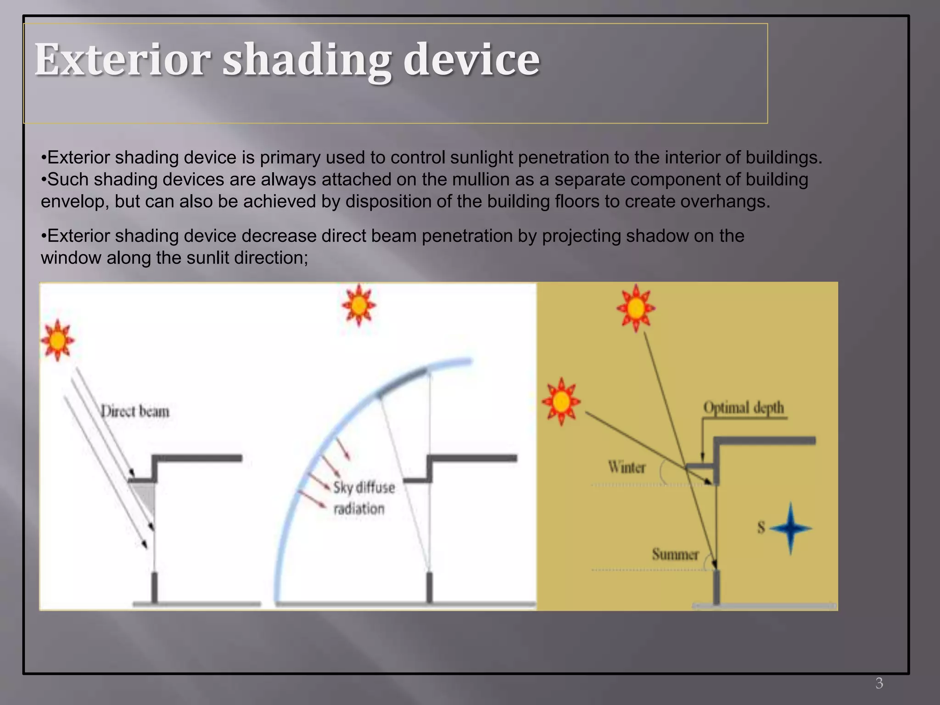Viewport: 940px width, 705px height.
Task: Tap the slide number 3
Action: [x=879, y=683]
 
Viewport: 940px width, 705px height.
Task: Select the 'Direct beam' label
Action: [x=135, y=411]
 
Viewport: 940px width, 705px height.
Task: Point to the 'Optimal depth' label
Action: [x=744, y=408]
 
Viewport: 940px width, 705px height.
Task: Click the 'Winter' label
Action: [x=627, y=467]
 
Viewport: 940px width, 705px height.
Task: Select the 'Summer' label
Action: [x=675, y=554]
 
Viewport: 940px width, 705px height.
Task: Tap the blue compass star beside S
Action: [x=790, y=528]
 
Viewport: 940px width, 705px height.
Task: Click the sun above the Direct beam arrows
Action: [x=57, y=341]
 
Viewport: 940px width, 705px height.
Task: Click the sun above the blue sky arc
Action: [x=359, y=305]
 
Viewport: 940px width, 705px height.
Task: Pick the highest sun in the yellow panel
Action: [x=636, y=308]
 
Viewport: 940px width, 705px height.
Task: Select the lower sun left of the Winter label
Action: [x=561, y=402]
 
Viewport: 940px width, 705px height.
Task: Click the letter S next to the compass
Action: [x=761, y=528]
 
